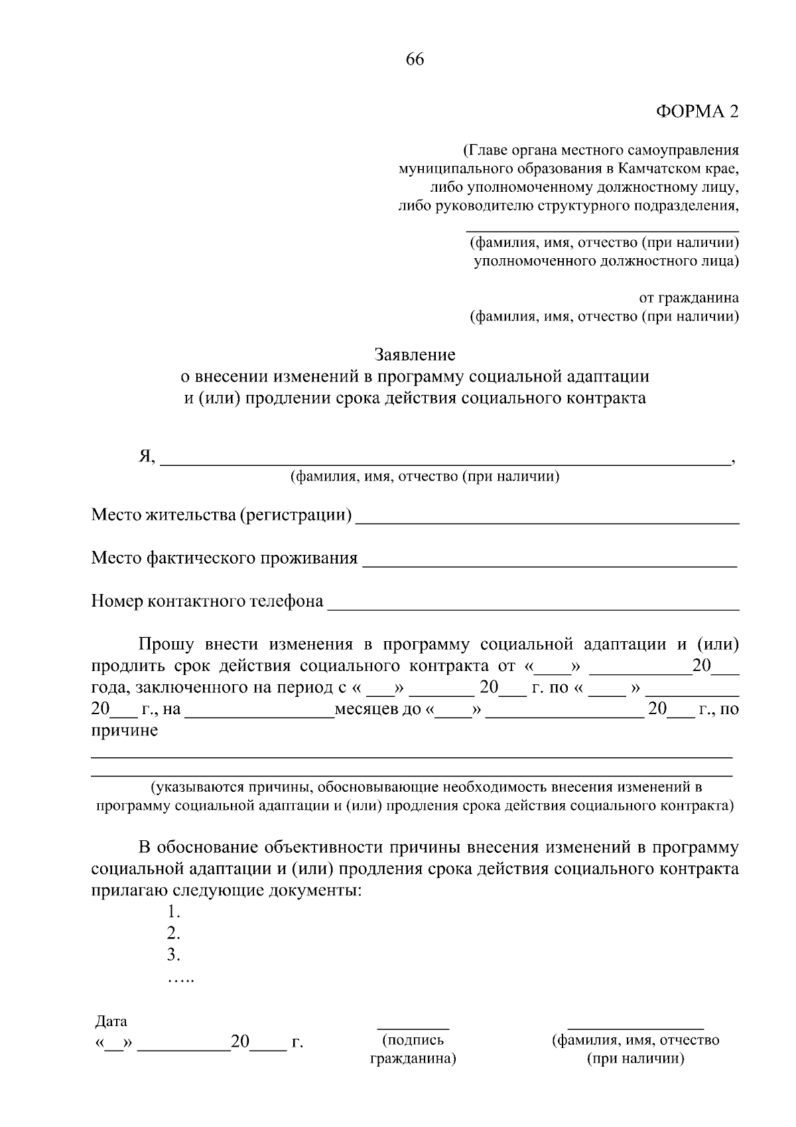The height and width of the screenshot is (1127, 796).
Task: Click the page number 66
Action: [415, 60]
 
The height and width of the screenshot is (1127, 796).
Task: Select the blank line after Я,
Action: [444, 463]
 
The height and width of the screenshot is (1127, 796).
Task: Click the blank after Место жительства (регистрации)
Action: [547, 520]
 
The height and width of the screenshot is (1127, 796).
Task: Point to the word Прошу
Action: [166, 644]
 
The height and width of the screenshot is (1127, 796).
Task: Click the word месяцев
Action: [368, 709]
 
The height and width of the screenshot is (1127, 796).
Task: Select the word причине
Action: [125, 731]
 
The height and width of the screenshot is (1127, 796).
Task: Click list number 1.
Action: [174, 913]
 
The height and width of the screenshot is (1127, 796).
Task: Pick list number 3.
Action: [174, 955]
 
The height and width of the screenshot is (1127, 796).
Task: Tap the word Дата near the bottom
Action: [111, 1021]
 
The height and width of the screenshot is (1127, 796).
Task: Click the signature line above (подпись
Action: [413, 1026]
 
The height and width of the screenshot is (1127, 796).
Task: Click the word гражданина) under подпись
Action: [413, 1059]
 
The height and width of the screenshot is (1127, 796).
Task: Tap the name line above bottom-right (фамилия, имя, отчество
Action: [635, 1026]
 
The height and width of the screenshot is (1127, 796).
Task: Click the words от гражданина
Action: [689, 298]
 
